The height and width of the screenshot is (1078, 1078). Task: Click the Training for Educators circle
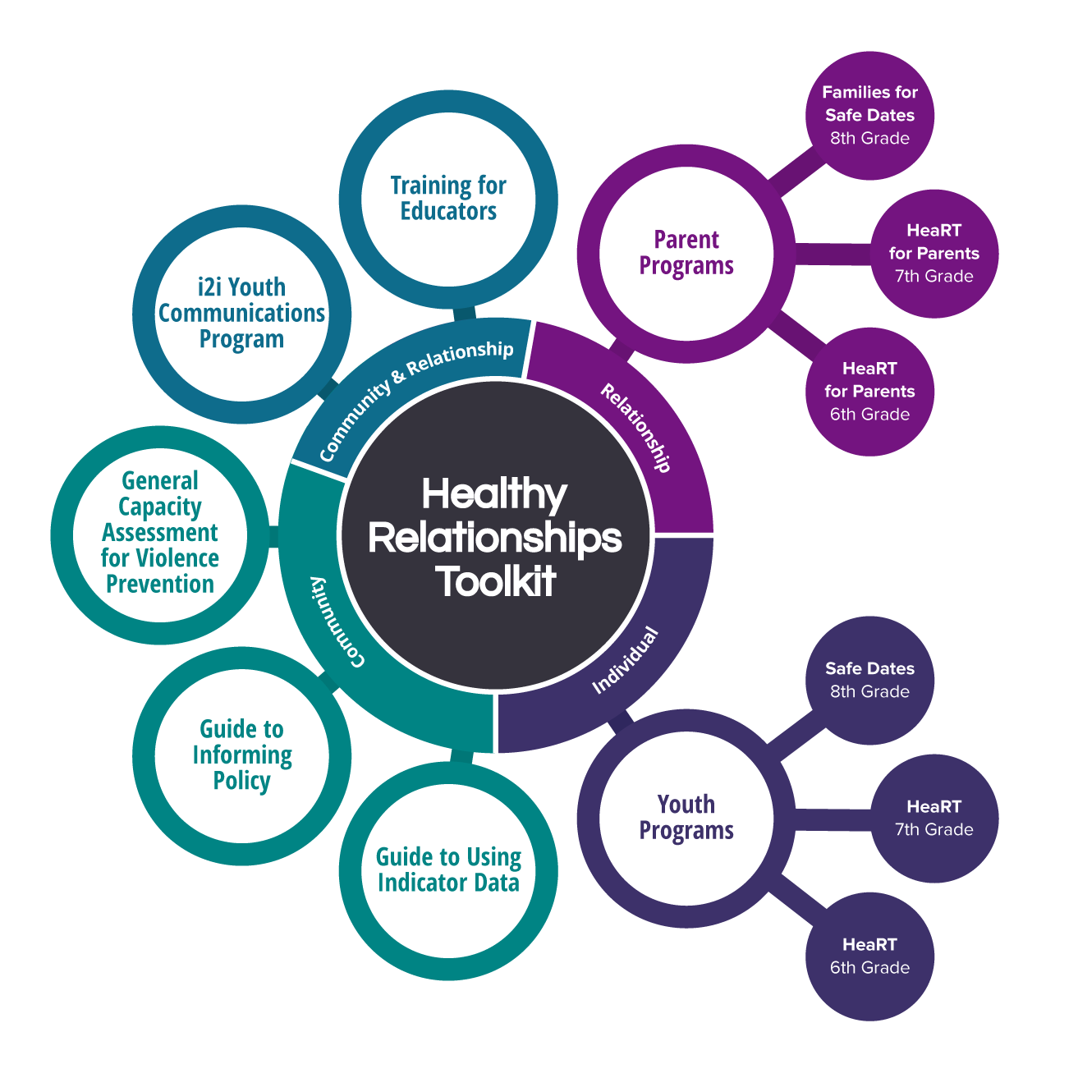(448, 199)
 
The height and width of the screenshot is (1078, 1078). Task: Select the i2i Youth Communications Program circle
(241, 314)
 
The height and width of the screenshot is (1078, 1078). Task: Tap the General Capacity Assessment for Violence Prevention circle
(160, 533)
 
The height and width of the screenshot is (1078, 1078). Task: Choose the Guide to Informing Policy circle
(241, 755)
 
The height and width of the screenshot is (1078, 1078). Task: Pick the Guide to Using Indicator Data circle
(448, 870)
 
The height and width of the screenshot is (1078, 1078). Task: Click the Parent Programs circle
(686, 253)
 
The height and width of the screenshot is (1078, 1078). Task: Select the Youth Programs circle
(686, 818)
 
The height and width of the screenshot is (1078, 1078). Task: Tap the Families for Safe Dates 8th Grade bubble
(869, 116)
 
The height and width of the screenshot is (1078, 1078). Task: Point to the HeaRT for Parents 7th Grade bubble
(934, 254)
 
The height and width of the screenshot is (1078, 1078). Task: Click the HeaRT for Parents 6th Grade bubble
(869, 392)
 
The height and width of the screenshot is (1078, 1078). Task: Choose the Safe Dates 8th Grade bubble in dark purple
(869, 681)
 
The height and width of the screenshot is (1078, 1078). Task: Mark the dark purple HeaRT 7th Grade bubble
(934, 819)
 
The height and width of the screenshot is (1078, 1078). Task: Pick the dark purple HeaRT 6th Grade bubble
(869, 956)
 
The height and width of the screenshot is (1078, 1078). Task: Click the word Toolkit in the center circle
(496, 582)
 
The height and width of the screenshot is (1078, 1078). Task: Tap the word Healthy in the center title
(494, 495)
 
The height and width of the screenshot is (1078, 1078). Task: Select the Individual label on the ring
(626, 660)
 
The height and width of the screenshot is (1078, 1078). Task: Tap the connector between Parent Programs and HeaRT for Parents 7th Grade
(831, 254)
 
